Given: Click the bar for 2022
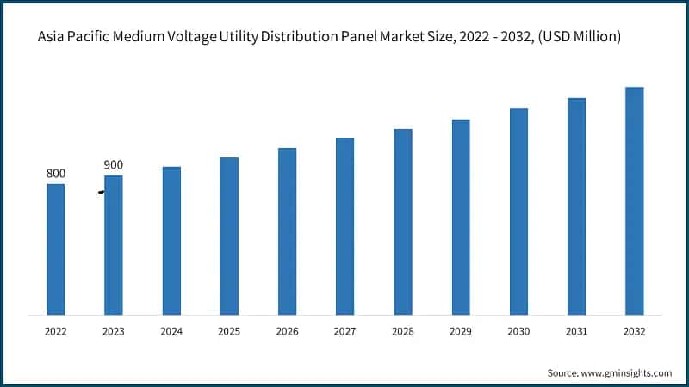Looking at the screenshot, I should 55,249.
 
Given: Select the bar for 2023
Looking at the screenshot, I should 113,245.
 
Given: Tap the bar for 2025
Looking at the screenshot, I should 229,236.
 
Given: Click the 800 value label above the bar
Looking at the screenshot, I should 55,174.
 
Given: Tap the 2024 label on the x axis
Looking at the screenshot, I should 171,331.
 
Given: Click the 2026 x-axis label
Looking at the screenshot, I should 287,331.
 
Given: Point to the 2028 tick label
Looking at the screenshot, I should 403,331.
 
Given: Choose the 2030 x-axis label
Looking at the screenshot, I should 518,331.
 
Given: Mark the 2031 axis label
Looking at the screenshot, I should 576,331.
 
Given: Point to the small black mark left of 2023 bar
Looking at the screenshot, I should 101,192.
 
